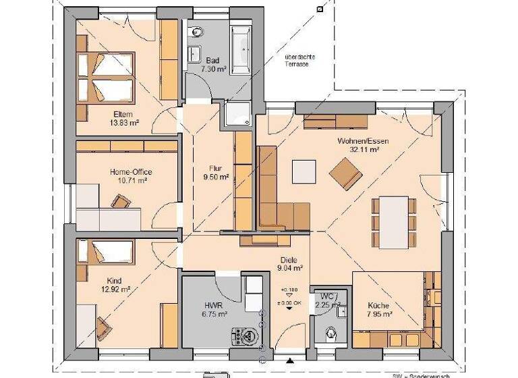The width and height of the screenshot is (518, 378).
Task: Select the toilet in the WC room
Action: (x=330, y=333)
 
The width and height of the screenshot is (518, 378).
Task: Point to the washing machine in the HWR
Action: (x=243, y=335)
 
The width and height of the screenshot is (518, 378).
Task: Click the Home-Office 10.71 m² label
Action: (x=128, y=177)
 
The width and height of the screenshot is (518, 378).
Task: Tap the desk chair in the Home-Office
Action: (x=121, y=201)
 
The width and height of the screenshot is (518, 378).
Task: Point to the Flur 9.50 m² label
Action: (x=214, y=173)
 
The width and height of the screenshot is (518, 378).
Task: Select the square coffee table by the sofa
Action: (x=304, y=171)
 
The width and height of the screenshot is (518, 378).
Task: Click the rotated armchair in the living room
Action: (x=345, y=173)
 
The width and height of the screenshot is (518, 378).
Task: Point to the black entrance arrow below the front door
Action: (x=290, y=359)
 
